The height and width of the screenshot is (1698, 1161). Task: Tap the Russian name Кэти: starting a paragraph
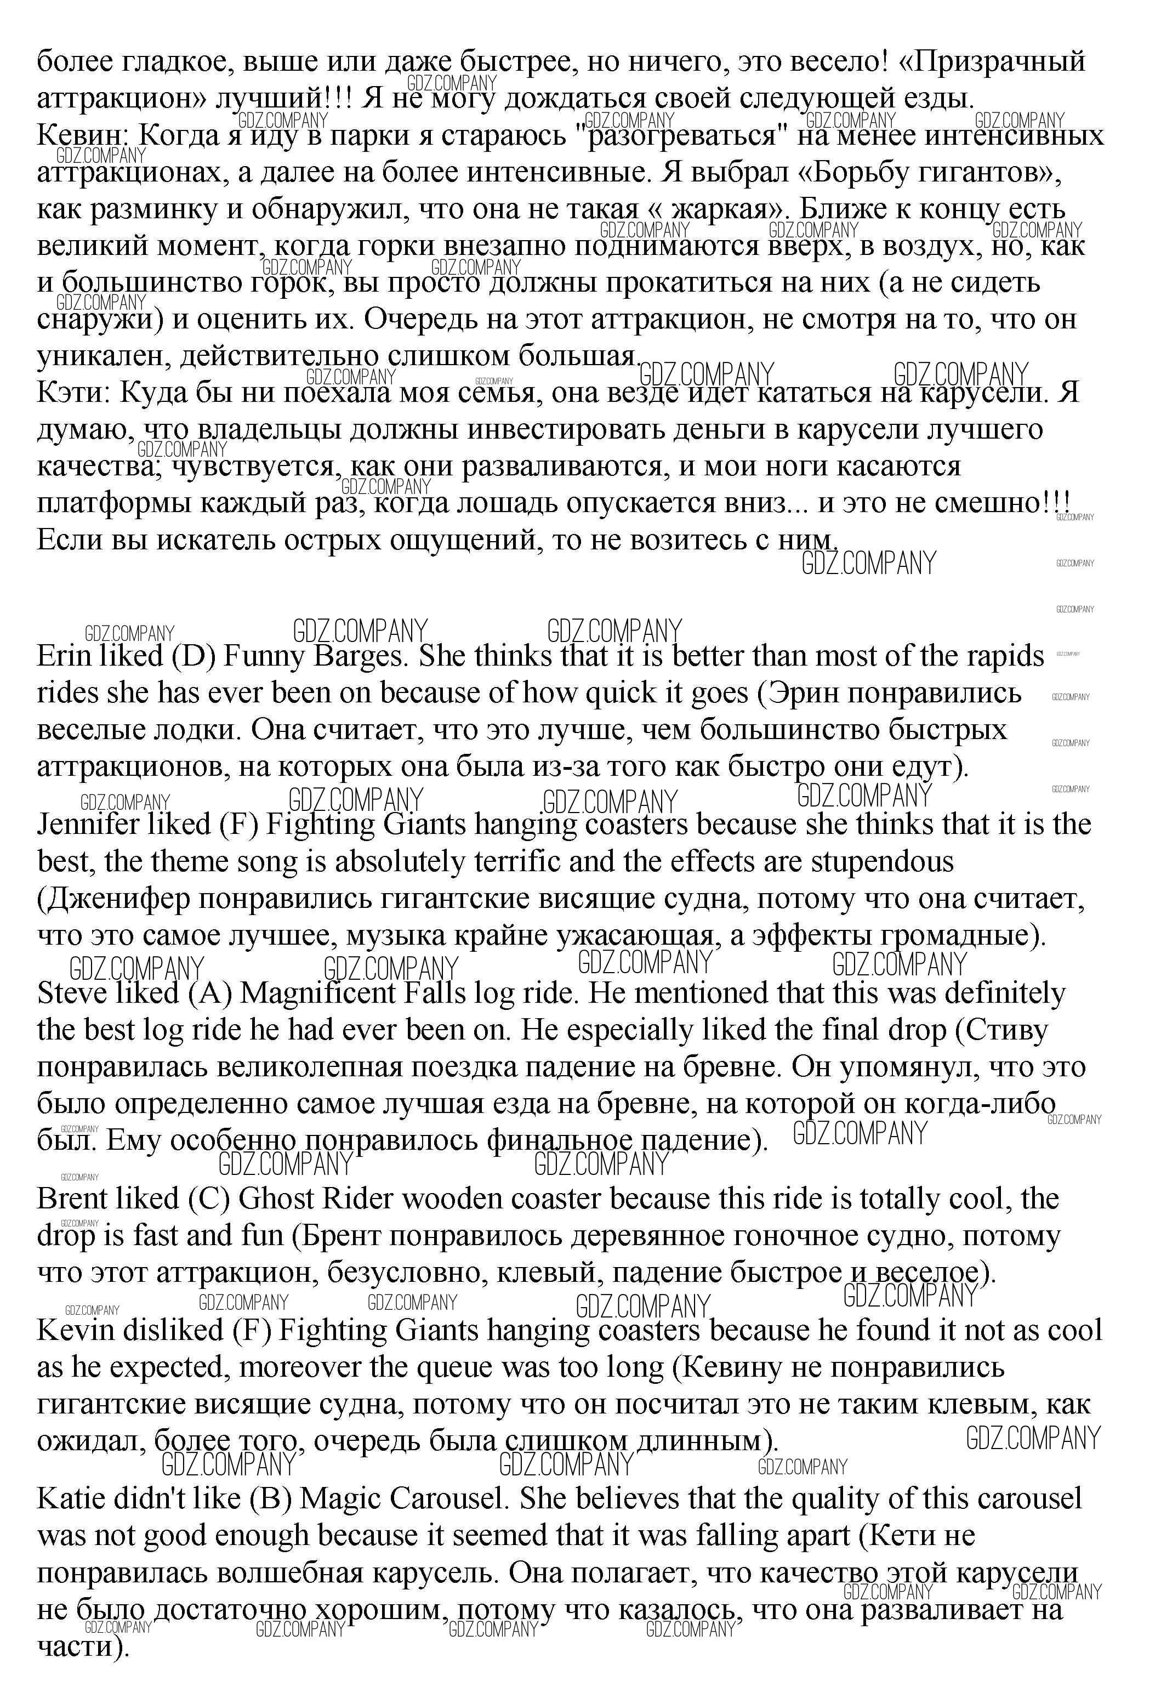[x=72, y=393]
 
